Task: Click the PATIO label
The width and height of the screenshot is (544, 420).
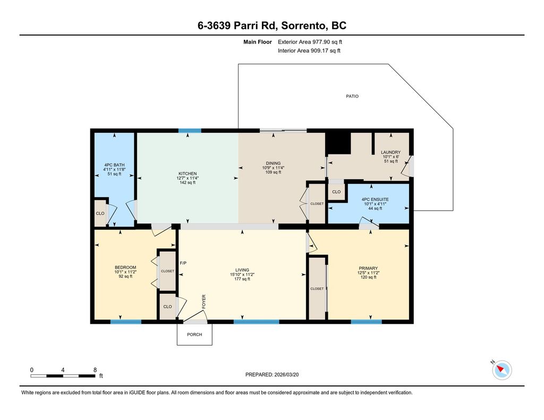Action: (352, 96)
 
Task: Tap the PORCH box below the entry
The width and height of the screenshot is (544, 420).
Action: (194, 335)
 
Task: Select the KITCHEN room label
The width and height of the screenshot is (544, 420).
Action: (188, 174)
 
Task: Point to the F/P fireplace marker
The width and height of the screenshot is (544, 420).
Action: (183, 263)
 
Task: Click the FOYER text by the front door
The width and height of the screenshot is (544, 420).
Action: (204, 302)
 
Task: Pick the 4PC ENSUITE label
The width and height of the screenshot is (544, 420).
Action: (375, 200)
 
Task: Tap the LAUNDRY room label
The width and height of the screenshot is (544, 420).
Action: (390, 152)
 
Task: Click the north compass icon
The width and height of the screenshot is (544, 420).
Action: (501, 370)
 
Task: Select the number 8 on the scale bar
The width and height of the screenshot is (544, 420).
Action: (95, 370)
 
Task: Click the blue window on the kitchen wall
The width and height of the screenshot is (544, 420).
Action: (190, 131)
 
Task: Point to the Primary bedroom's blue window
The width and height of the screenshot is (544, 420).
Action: (367, 322)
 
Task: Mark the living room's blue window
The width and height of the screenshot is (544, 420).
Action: (257, 322)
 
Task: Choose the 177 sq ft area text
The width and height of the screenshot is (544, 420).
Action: (242, 279)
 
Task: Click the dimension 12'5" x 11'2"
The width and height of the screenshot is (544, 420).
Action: (369, 272)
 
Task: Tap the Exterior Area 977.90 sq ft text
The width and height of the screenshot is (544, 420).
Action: (310, 42)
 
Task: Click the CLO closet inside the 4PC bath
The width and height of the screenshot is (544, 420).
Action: (100, 213)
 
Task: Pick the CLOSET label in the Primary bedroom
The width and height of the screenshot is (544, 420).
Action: (317, 288)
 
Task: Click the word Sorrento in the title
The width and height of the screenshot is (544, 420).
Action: (303, 25)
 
